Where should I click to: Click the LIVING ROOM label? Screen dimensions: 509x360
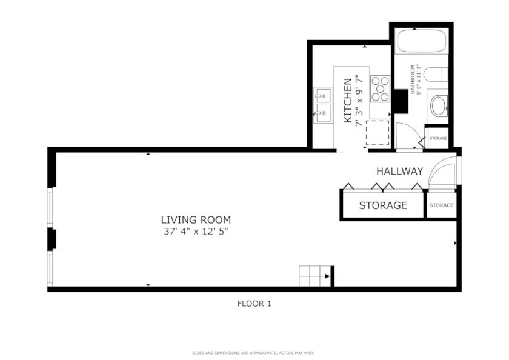(196, 220)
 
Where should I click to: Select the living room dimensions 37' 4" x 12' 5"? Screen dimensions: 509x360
(196, 232)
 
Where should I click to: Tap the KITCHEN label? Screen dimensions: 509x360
(348, 101)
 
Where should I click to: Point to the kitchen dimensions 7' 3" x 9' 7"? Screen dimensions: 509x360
(359, 101)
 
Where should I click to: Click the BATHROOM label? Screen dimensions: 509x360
(413, 79)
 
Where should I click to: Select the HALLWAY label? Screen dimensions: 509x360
(399, 171)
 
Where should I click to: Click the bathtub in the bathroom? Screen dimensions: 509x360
(421, 41)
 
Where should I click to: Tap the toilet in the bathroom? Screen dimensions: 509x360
(436, 75)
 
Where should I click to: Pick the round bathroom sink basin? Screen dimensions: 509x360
(438, 106)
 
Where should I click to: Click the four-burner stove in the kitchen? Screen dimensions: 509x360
(380, 88)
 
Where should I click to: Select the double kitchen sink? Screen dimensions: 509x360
(322, 105)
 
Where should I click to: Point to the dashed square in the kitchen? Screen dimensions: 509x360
(378, 133)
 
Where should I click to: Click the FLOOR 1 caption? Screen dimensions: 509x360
(254, 304)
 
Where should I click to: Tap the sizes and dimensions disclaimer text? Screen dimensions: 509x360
(253, 353)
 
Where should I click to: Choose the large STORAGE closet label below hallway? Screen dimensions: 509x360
(383, 205)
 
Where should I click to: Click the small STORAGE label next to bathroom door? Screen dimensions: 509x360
(438, 138)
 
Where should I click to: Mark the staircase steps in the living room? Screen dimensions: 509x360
(314, 276)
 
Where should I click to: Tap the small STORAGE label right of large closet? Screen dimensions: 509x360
(442, 205)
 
